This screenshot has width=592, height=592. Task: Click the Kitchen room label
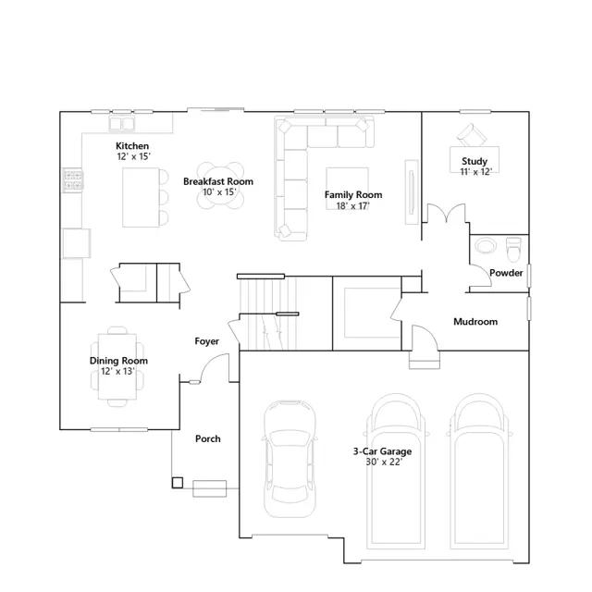tap(132, 146)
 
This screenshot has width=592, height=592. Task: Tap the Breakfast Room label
tap(218, 181)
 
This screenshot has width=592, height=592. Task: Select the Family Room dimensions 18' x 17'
tap(353, 205)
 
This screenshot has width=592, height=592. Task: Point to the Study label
tap(475, 161)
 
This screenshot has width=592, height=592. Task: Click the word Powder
tap(506, 273)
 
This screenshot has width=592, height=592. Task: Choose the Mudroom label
tap(475, 322)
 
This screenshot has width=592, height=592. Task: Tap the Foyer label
tap(206, 341)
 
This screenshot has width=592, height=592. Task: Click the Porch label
tap(207, 438)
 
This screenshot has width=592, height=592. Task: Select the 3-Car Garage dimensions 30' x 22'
tap(384, 462)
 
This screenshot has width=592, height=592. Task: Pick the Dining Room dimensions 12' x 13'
tap(117, 371)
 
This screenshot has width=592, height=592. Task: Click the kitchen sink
tap(121, 123)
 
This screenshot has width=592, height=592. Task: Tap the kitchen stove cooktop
tap(73, 180)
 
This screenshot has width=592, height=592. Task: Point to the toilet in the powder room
tap(513, 249)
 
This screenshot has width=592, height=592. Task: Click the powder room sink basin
tap(485, 246)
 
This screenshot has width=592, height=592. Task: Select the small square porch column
tap(178, 483)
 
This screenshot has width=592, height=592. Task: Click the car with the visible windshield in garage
tap(290, 459)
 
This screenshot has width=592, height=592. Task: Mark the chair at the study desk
tap(471, 135)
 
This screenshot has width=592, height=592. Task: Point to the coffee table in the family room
tap(348, 189)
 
